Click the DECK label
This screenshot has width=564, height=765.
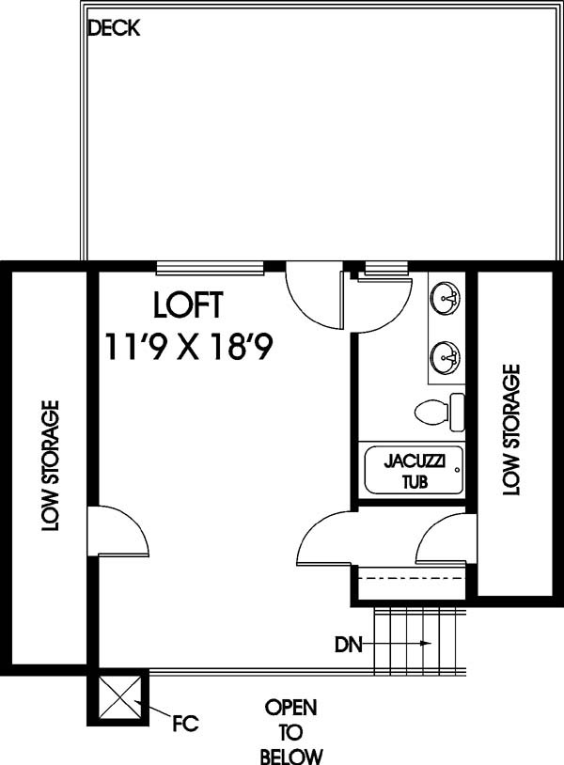[x=113, y=28]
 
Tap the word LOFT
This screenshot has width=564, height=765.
[x=188, y=304]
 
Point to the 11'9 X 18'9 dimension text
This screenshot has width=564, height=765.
[x=188, y=347]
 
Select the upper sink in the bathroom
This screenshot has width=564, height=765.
[x=446, y=297]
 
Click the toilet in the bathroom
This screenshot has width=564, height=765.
[x=439, y=413]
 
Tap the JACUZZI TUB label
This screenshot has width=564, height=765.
[x=415, y=471]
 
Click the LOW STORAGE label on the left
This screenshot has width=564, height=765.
[x=50, y=466]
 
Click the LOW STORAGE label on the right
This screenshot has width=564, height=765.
[x=511, y=429]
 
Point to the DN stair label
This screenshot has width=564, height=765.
[x=349, y=645]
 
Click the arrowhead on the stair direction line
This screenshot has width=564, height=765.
[x=427, y=643]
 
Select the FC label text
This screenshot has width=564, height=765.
[x=185, y=724]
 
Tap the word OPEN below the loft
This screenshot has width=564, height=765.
[x=290, y=708]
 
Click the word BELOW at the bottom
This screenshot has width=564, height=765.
[x=291, y=757]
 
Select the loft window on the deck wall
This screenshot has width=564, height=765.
[x=211, y=266]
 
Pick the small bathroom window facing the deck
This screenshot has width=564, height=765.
[x=386, y=266]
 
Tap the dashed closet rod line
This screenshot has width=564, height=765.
[x=413, y=579]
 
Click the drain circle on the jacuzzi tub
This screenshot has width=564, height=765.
[x=457, y=470]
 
